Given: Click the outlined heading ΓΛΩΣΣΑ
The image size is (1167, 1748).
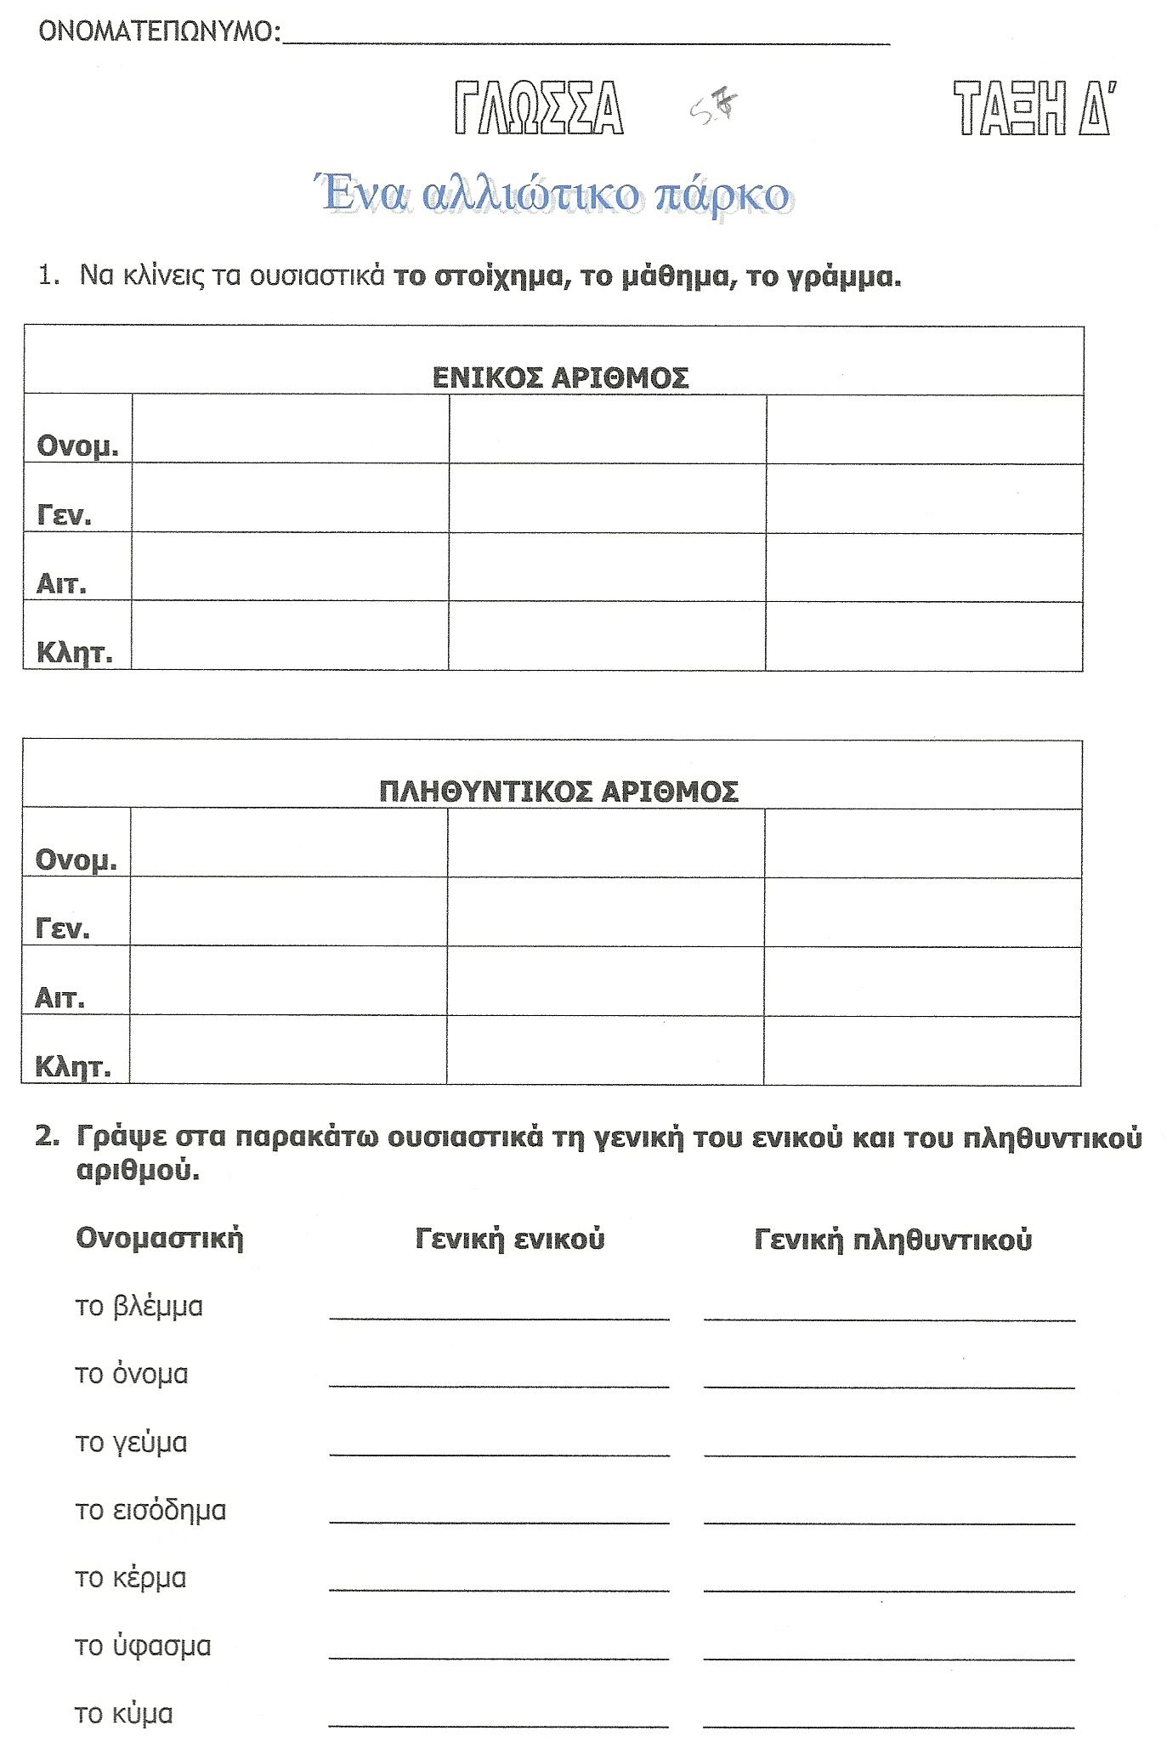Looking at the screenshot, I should pyautogui.click(x=539, y=108).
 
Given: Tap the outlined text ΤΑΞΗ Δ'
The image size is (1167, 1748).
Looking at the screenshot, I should pyautogui.click(x=1034, y=108).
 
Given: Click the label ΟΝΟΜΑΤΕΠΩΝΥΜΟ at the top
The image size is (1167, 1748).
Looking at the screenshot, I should pyautogui.click(x=159, y=32).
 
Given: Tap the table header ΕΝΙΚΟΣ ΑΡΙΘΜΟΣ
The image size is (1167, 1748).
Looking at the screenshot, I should pyautogui.click(x=560, y=377).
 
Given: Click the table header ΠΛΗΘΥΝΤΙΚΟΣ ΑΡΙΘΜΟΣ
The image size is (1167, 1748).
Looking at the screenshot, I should pyautogui.click(x=558, y=792).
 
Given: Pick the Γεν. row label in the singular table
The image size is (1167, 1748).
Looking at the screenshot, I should pyautogui.click(x=64, y=514).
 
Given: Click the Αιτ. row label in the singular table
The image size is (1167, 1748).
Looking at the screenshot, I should pyautogui.click(x=61, y=583).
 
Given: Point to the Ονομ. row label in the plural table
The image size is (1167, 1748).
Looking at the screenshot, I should pyautogui.click(x=76, y=860).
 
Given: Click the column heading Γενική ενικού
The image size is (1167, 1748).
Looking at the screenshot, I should pyautogui.click(x=510, y=1239).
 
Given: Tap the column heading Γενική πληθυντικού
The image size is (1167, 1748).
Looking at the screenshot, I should pyautogui.click(x=892, y=1240).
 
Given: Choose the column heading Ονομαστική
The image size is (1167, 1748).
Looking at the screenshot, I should pyautogui.click(x=160, y=1238).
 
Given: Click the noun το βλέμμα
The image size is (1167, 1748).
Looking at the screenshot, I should pyautogui.click(x=139, y=1306).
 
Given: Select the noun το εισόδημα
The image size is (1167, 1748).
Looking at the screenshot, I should pyautogui.click(x=150, y=1511).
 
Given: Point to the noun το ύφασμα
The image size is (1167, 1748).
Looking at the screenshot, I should pyautogui.click(x=143, y=1647).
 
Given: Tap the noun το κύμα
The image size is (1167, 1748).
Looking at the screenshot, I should pyautogui.click(x=124, y=1714).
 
